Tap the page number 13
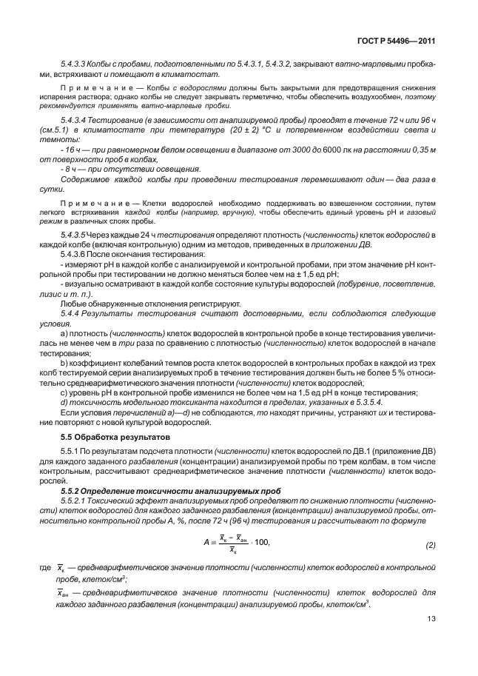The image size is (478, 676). [431, 620]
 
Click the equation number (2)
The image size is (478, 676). [431, 546]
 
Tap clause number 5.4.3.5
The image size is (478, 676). [76, 235]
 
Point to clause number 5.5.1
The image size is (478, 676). [72, 451]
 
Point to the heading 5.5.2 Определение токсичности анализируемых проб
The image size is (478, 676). [164, 490]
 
